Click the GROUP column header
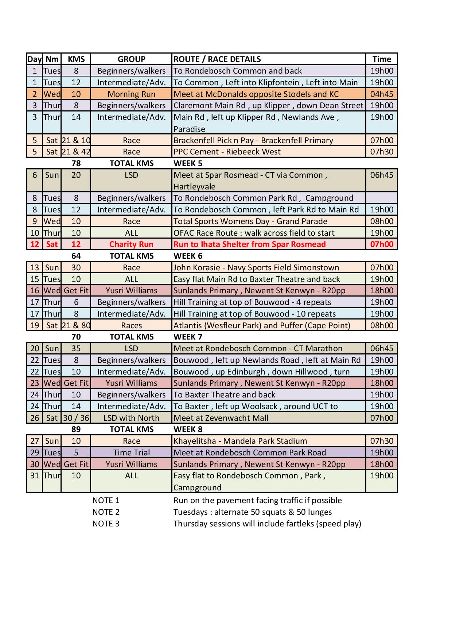(x=131, y=59)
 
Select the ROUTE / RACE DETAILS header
(x=217, y=59)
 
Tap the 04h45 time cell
(x=382, y=94)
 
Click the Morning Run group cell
(x=131, y=94)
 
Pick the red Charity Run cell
(x=131, y=244)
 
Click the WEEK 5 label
(x=188, y=163)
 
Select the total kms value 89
(x=76, y=429)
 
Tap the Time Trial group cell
(x=131, y=452)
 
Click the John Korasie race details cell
(x=256, y=267)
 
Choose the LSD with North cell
(x=131, y=418)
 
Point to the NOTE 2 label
(x=106, y=512)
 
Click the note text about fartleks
(x=267, y=524)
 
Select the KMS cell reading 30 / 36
(x=76, y=418)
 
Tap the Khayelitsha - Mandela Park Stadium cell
(x=240, y=441)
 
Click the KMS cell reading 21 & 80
(x=76, y=325)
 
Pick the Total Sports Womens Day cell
(x=250, y=221)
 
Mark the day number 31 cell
(x=35, y=475)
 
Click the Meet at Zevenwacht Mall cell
(x=221, y=418)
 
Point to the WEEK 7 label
(x=188, y=337)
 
